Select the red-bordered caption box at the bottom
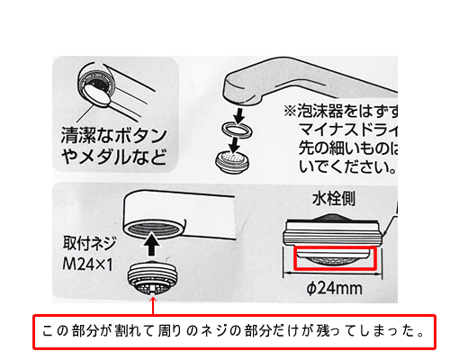pos(234,330)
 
